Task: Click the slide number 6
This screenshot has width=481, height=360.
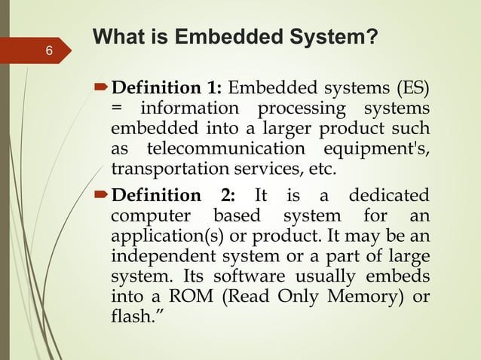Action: pos(49,52)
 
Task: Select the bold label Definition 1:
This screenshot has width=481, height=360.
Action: pos(167,92)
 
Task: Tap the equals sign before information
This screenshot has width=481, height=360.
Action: pos(117,110)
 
